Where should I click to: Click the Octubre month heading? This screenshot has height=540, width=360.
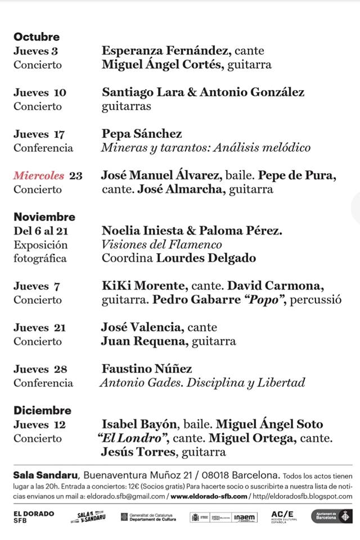pos(37,37)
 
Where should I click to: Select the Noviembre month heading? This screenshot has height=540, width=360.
pos(44,217)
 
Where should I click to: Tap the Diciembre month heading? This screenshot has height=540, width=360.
pos(43,411)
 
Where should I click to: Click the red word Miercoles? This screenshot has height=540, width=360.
pos(39,175)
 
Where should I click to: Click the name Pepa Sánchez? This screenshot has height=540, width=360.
pos(142,134)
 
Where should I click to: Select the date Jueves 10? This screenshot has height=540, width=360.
pos(40,92)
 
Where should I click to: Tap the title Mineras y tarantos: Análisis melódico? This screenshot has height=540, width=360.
pos(206,148)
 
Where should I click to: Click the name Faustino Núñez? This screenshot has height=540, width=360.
pos(147,369)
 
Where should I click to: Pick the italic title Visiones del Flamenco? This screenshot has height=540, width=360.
pos(162,245)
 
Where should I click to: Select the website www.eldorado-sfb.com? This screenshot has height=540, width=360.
pos(209,496)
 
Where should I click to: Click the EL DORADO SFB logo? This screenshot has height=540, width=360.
pos(33,517)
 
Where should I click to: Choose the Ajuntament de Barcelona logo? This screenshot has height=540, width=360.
pos(332,516)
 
